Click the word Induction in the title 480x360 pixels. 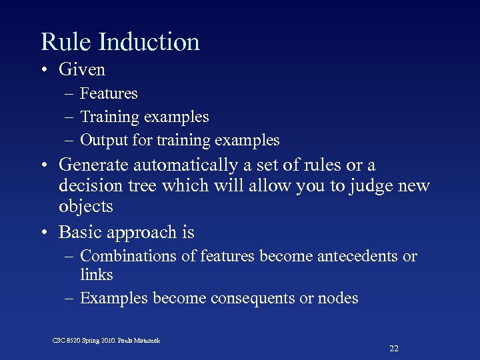(x=149, y=42)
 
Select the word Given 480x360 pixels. (x=82, y=69)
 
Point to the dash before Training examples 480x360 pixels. (x=70, y=117)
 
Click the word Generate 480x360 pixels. (x=94, y=165)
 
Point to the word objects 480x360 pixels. (x=86, y=207)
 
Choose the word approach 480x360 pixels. (x=144, y=233)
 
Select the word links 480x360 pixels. (x=97, y=275)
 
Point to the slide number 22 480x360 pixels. (x=394, y=349)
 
